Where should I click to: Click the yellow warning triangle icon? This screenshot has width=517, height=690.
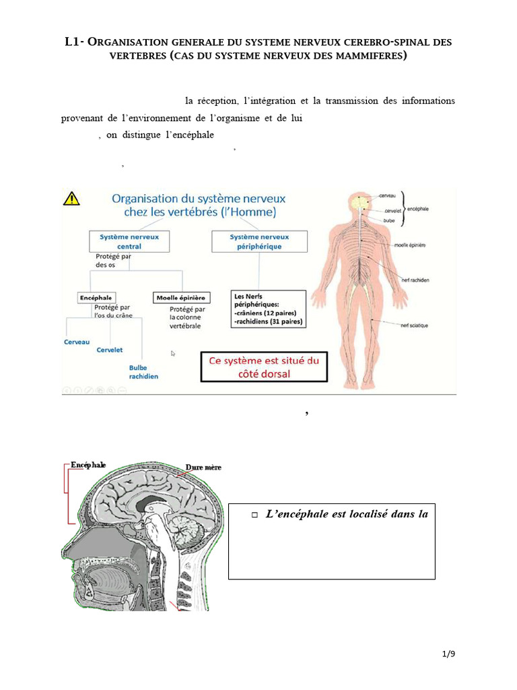tap(71, 198)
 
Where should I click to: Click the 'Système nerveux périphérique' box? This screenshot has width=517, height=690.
tap(259, 241)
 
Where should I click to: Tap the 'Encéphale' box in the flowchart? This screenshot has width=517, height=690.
tap(96, 297)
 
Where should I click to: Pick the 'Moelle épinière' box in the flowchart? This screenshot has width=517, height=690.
tap(182, 297)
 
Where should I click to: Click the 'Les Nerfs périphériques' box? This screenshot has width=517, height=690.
tap(268, 309)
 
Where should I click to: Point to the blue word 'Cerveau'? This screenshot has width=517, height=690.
tap(77, 342)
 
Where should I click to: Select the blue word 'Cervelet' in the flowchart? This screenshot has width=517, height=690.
tap(109, 350)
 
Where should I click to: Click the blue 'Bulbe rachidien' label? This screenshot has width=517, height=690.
tap(143, 372)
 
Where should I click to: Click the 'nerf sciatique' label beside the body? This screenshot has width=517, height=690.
tap(414, 325)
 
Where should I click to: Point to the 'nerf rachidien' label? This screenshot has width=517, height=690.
tap(416, 280)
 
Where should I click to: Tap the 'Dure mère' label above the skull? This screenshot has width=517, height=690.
tap(203, 467)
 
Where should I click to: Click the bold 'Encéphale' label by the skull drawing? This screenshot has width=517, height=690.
tap(88, 465)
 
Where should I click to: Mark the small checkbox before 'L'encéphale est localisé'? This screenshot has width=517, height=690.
tap(254, 515)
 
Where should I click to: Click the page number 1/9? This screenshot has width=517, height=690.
tap(448, 654)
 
